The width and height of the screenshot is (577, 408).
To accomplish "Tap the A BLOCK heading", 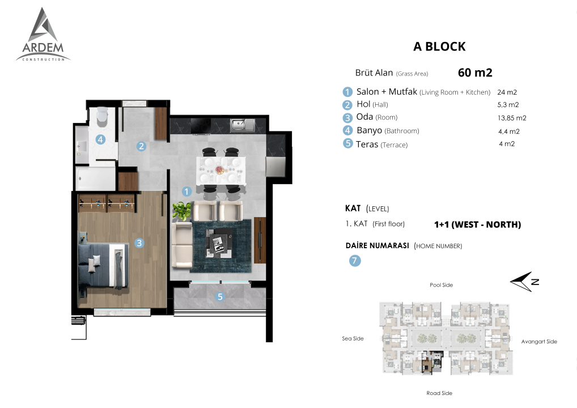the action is [439, 46].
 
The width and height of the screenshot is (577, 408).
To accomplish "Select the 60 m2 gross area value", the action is [475, 73].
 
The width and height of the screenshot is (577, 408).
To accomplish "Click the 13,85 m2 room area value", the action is [512, 118].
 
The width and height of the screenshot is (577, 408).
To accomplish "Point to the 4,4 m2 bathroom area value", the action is [509, 131].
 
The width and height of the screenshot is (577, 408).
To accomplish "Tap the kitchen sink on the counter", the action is [243, 125].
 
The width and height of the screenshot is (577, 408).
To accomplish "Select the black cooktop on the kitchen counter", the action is [201, 126].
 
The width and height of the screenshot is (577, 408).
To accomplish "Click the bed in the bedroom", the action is [103, 266].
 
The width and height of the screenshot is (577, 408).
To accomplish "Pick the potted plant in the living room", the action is [182, 211].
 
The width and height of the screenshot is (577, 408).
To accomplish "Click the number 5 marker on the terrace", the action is [220, 296].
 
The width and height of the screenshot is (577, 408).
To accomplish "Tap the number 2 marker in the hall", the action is [141, 146].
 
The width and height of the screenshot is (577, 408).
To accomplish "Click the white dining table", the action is [221, 170].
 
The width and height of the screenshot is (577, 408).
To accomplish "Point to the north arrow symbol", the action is [524, 282].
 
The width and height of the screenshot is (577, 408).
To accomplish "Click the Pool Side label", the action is [441, 285].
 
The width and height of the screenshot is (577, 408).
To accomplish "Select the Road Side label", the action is [439, 393].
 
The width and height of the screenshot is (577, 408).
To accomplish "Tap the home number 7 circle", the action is [355, 261].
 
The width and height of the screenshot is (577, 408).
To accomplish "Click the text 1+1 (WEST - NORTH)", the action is [478, 224].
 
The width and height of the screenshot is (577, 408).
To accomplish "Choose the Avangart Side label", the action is [539, 341].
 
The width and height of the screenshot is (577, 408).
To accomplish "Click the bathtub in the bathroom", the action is [96, 178].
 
